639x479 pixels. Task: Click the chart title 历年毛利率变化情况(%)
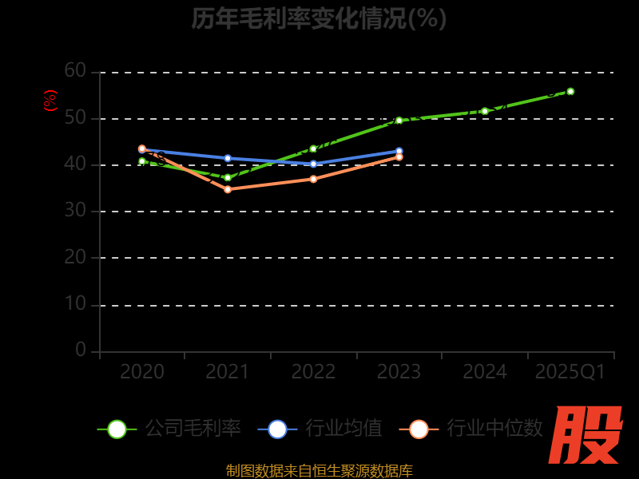click(319, 18)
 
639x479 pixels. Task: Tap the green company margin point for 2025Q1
click(570, 91)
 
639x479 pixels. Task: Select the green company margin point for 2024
click(485, 111)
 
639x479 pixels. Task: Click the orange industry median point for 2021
click(228, 189)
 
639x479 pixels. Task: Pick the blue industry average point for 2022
click(313, 164)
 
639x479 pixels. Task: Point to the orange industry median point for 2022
click(313, 179)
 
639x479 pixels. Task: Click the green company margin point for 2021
click(228, 177)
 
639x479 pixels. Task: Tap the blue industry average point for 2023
click(399, 151)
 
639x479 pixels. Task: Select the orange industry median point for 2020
click(142, 148)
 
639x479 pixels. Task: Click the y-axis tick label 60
click(75, 71)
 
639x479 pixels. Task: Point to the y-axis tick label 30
click(75, 211)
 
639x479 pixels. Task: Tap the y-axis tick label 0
click(81, 350)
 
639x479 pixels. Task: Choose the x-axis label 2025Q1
click(570, 372)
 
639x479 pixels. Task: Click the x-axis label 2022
click(313, 372)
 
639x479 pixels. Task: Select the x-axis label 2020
click(142, 372)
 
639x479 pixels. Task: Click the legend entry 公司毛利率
click(169, 429)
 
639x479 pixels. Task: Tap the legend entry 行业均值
click(320, 429)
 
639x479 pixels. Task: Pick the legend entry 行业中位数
click(475, 429)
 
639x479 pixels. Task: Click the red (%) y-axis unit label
click(50, 101)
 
